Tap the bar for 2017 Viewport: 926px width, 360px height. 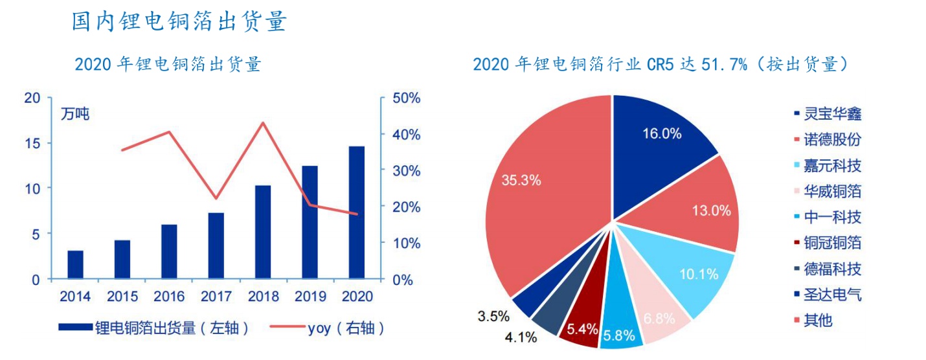pos(216,245)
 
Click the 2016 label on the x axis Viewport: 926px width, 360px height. pos(169,297)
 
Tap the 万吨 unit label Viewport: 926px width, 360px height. pos(74,115)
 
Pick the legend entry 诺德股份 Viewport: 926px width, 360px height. pos(832,140)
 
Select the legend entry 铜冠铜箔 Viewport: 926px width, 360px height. pos(832,243)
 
